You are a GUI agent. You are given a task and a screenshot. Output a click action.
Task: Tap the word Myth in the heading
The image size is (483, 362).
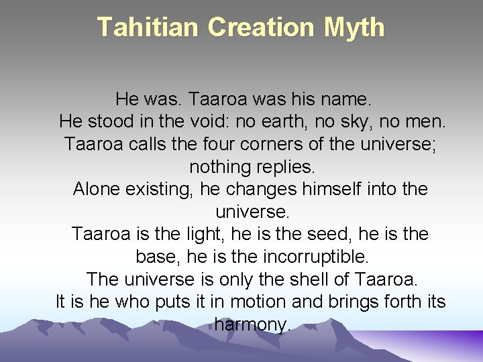coord(354,27)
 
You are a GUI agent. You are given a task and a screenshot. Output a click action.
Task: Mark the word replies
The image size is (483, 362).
coord(283,166)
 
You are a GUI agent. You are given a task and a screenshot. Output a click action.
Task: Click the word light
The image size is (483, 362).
coord(201,234)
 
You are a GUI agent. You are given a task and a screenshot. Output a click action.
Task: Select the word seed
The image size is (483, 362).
coord(303,234)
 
